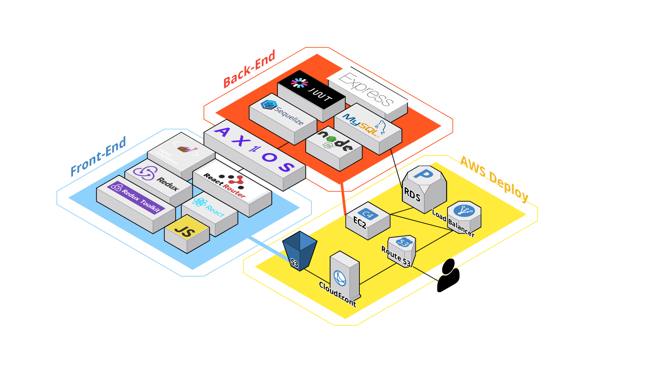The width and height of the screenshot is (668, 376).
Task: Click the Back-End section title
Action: click(x=249, y=69)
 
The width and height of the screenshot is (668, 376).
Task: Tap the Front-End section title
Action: click(x=98, y=156)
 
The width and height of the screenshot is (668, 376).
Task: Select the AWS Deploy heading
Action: click(x=494, y=179)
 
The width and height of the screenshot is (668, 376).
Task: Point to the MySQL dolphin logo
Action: click(x=380, y=127)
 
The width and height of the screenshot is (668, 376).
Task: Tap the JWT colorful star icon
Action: click(x=299, y=83)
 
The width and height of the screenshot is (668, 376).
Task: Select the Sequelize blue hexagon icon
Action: click(x=269, y=104)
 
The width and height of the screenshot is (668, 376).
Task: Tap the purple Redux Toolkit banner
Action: click(x=136, y=197)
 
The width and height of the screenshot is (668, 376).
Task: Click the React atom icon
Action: click(x=200, y=202)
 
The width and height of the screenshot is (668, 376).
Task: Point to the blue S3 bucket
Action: click(x=299, y=251)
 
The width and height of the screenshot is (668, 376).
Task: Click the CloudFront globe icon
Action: click(x=340, y=278)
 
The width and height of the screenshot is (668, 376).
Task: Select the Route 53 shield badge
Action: click(x=403, y=242)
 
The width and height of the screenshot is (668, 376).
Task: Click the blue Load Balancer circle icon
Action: click(x=464, y=211)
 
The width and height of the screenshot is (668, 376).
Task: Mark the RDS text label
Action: click(x=412, y=195)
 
